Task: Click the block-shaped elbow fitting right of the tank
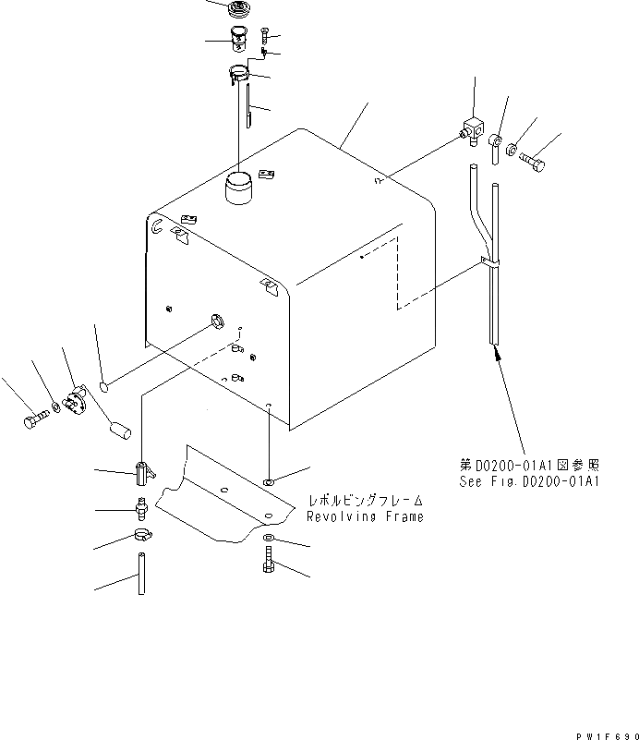tap(474, 133)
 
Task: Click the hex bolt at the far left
tap(34, 420)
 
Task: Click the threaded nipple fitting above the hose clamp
tap(140, 506)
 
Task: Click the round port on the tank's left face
tap(217, 321)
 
